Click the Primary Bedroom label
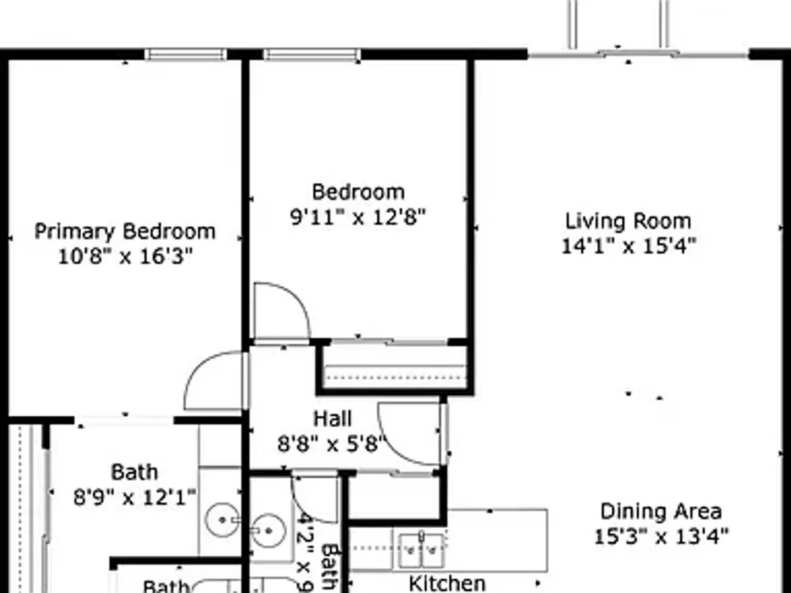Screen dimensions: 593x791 pos(125,231)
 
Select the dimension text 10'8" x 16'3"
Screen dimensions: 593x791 pos(125,256)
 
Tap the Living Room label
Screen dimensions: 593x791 pos(628,221)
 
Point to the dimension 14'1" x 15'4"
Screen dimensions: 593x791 pos(628,245)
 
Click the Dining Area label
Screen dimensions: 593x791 pos(661,511)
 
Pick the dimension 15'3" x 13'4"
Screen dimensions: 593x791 pos(661,536)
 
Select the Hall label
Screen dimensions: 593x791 pos(332,418)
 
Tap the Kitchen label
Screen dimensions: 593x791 pos(447,583)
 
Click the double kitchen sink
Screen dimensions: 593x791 pos(421,550)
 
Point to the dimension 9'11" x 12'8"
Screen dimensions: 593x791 pos(358,217)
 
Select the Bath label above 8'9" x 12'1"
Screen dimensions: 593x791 pos(135,472)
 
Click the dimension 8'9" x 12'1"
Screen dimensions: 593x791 pos(135,497)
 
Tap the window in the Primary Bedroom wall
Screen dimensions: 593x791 pos(186,54)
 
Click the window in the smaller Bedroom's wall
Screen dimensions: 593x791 pos(311,54)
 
